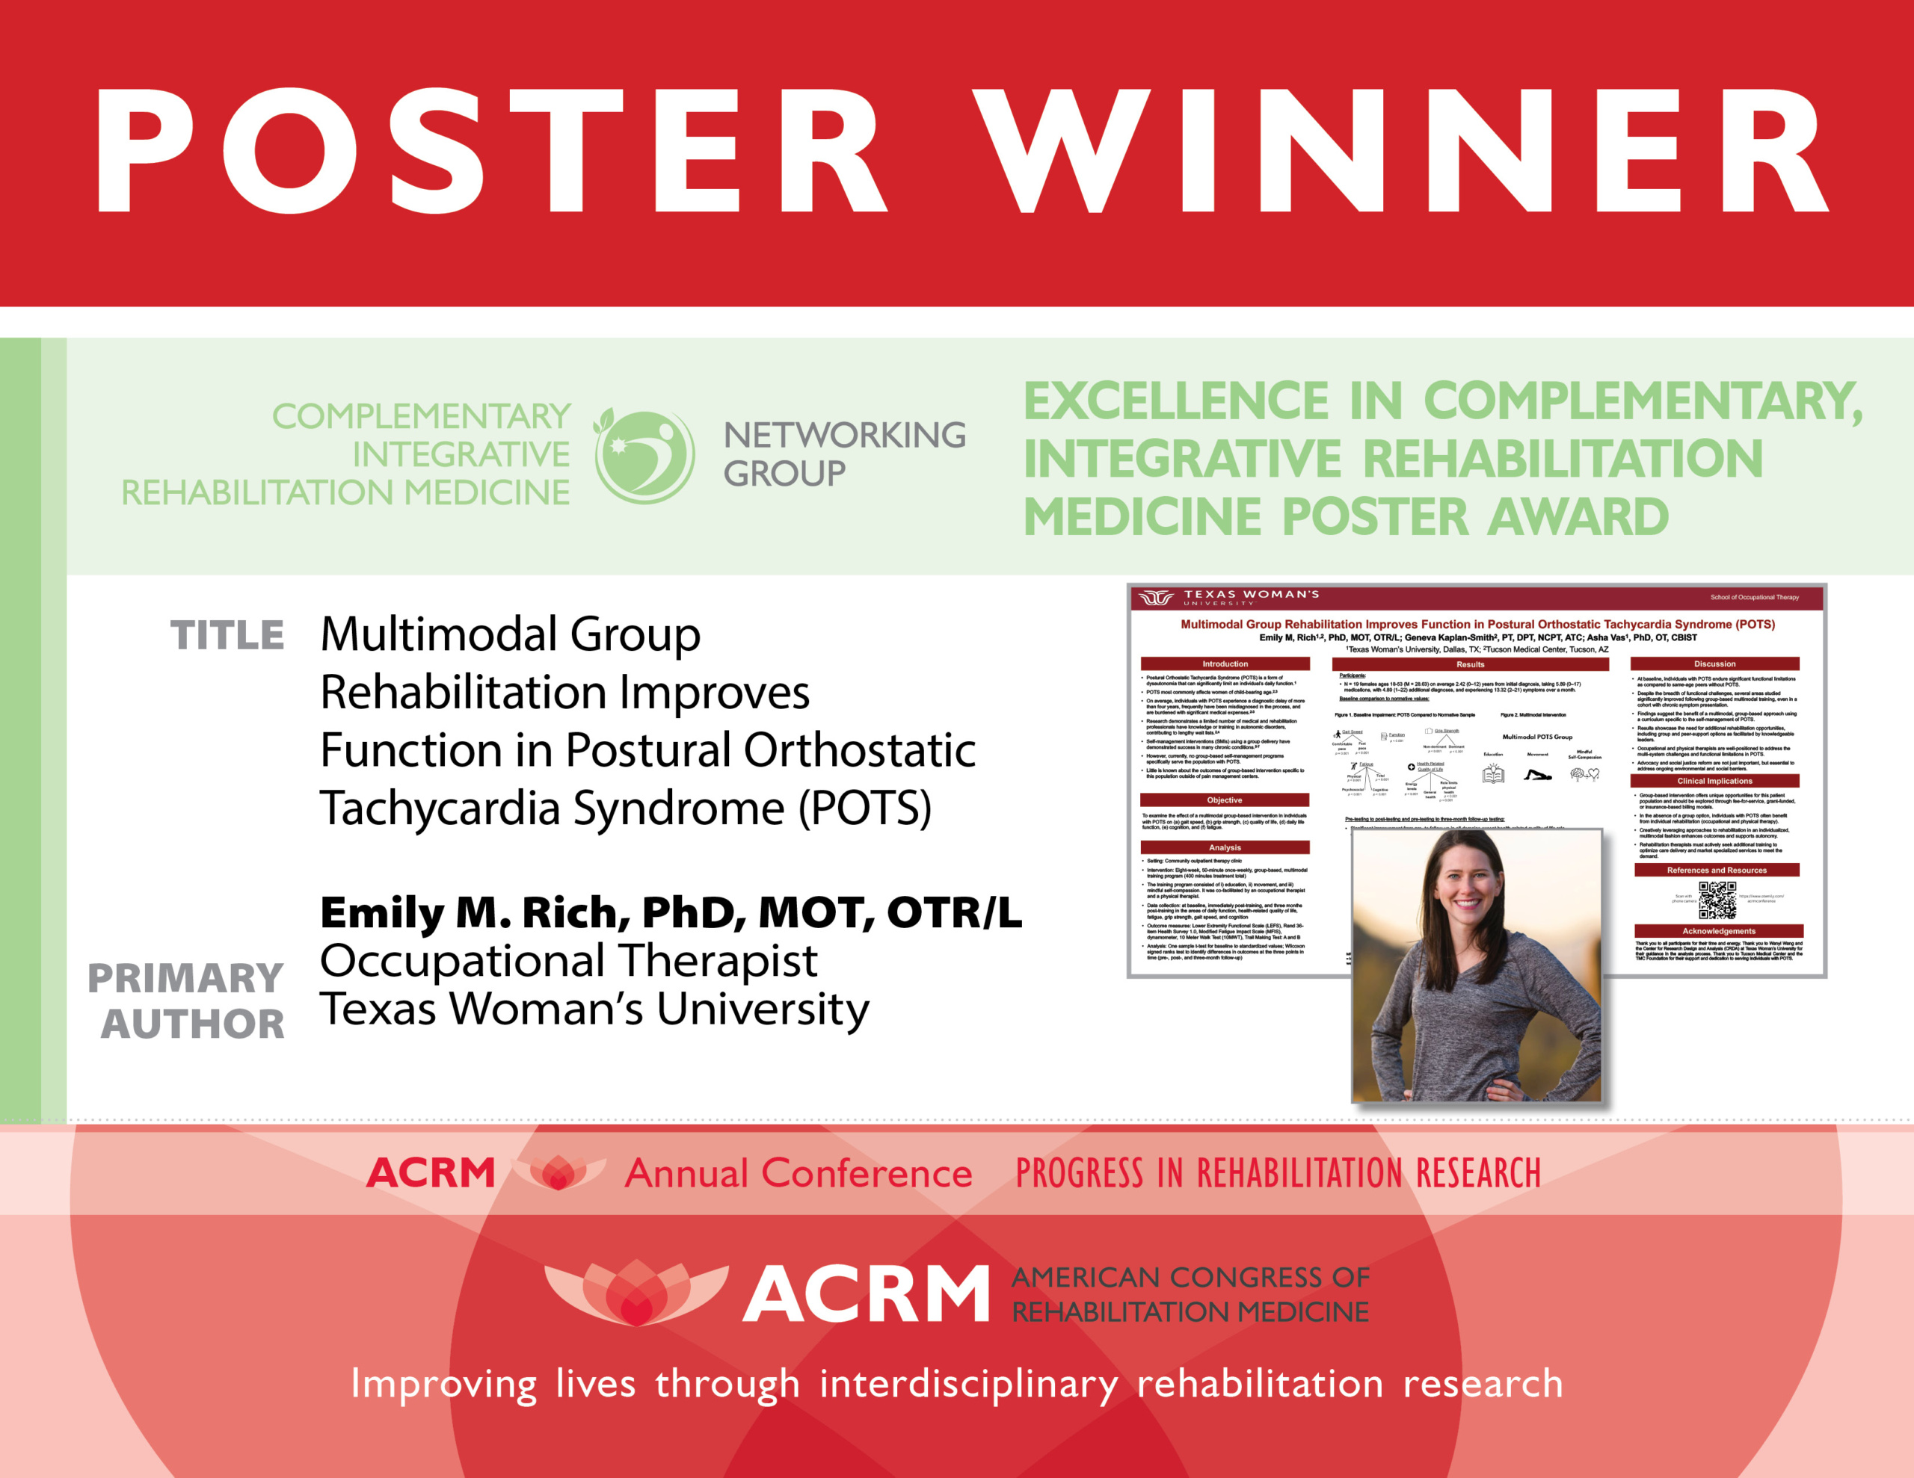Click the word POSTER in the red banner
click(490, 151)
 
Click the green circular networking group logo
click(645, 457)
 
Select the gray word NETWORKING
click(845, 436)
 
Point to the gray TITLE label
click(227, 635)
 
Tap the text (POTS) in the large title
click(864, 808)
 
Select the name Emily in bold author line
click(382, 913)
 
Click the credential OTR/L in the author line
click(954, 913)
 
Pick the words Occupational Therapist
click(568, 961)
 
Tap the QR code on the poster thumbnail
click(1717, 900)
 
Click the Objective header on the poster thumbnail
click(1225, 800)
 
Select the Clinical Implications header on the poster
click(1714, 781)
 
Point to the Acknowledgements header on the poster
click(1719, 931)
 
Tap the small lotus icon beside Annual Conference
click(558, 1172)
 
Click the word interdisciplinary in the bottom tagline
click(968, 1385)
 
